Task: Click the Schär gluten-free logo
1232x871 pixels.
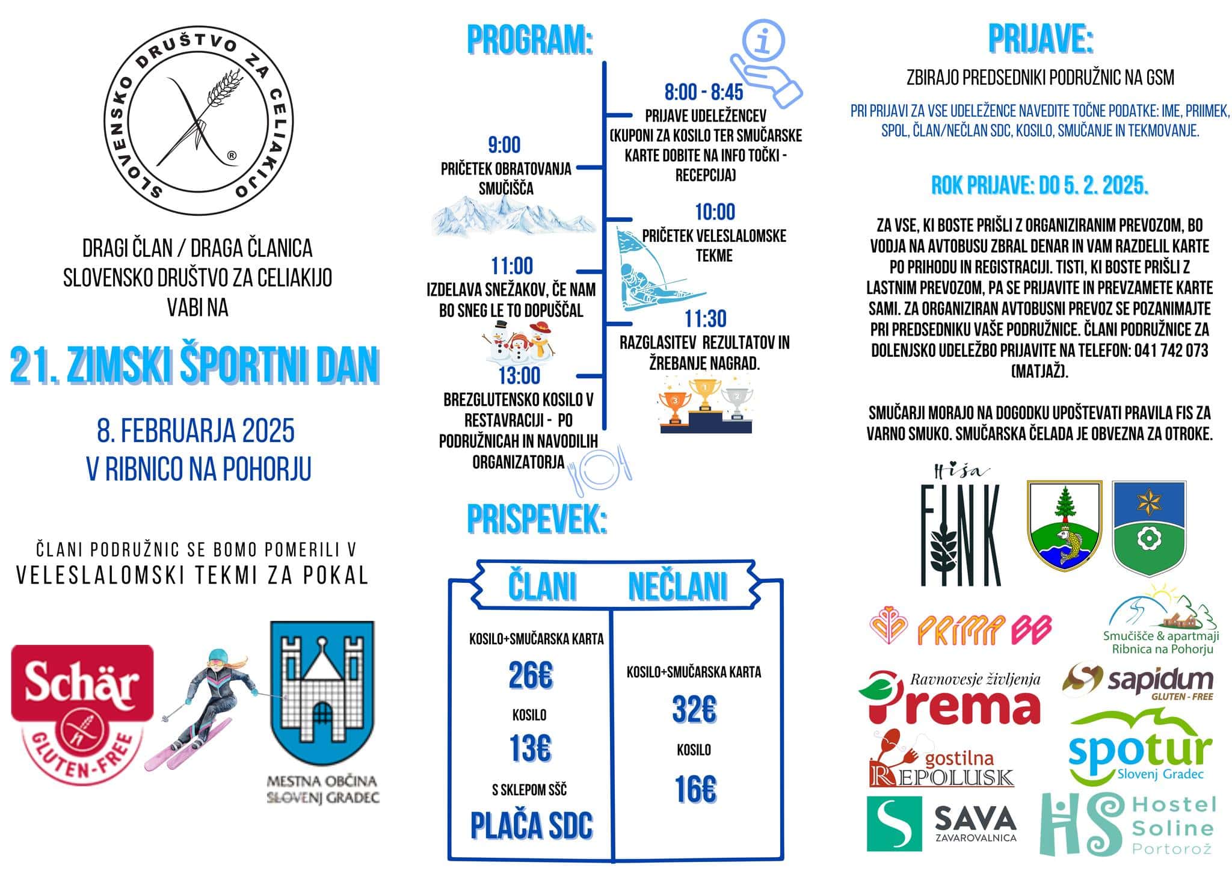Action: click(x=82, y=713)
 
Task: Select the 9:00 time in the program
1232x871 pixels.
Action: click(x=504, y=145)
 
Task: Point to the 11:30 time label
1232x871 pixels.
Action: click(x=705, y=319)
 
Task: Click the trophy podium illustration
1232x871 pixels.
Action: click(x=704, y=405)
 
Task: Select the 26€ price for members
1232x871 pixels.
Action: click(x=530, y=676)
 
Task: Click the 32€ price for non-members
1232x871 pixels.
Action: click(x=694, y=710)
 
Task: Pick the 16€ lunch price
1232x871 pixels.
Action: click(x=695, y=790)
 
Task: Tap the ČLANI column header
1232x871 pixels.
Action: click(x=542, y=586)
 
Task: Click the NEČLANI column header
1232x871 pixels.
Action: click(x=677, y=586)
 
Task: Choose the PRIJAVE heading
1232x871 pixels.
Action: click(x=1040, y=39)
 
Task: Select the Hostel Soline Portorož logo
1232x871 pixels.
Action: click(x=1128, y=823)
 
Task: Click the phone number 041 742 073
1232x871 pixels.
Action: click(x=1171, y=351)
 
